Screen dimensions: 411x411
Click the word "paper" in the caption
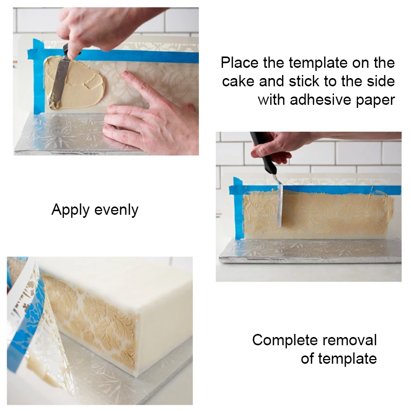[x=373, y=99]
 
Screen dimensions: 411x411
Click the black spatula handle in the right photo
[x=263, y=152]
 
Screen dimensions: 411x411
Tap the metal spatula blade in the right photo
[x=280, y=206]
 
